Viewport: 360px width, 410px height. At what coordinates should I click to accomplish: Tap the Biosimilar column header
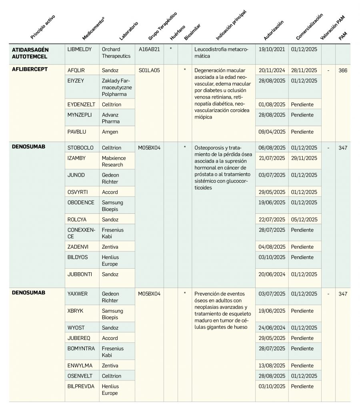pyautogui.click(x=192, y=32)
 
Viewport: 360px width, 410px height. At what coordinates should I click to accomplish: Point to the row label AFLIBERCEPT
pyautogui.click(x=30, y=69)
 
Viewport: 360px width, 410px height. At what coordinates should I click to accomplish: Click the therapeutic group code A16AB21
pyautogui.click(x=149, y=49)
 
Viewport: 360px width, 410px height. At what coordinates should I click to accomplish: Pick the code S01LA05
pyautogui.click(x=149, y=70)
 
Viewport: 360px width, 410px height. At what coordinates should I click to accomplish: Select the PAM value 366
pyautogui.click(x=343, y=70)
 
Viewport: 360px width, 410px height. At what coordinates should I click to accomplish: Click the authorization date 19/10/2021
pyautogui.click(x=272, y=49)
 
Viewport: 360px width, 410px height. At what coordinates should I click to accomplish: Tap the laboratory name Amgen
pyautogui.click(x=110, y=132)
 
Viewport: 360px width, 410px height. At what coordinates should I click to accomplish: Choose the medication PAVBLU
pyautogui.click(x=77, y=132)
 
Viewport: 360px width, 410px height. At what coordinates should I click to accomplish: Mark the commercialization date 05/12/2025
pyautogui.click(x=304, y=219)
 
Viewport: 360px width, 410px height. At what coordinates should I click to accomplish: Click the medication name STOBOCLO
pyautogui.click(x=80, y=148)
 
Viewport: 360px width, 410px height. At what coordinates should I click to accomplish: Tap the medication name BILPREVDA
pyautogui.click(x=81, y=386)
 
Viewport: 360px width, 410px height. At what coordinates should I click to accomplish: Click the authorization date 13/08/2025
pyautogui.click(x=272, y=366)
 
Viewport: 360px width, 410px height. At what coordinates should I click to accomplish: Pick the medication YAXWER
pyautogui.click(x=78, y=293)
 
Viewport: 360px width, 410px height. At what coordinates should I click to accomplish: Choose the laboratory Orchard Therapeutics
pyautogui.click(x=116, y=52)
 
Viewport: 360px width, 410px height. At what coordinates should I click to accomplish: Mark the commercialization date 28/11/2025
pyautogui.click(x=304, y=70)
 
